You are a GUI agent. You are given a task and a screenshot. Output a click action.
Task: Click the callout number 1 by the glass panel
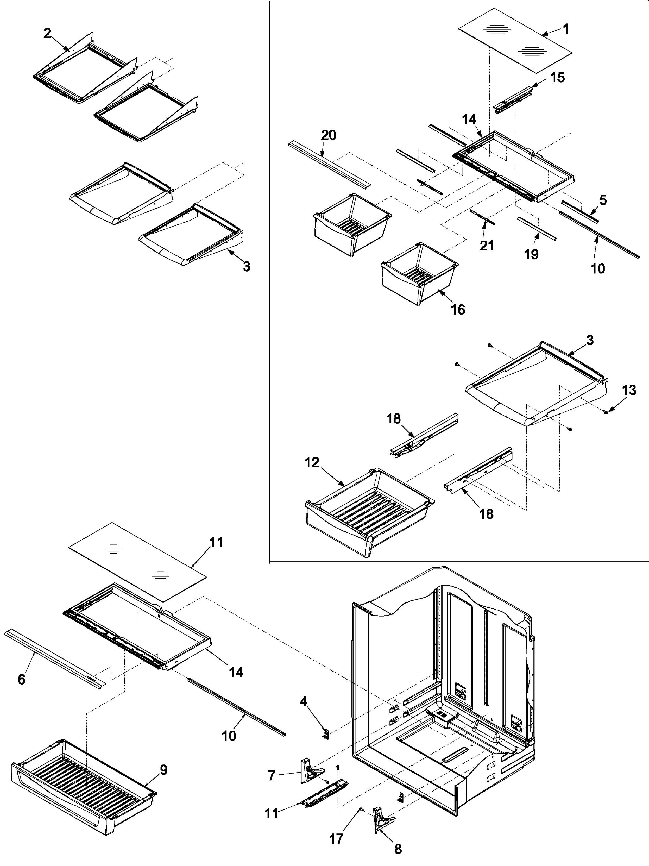click(x=566, y=29)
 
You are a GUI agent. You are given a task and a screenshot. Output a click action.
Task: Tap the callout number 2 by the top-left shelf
click(x=47, y=34)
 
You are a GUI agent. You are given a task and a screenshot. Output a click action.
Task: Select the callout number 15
click(x=557, y=78)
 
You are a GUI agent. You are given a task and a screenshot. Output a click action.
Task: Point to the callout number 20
click(x=328, y=135)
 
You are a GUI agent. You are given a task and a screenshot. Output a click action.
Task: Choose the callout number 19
click(x=531, y=254)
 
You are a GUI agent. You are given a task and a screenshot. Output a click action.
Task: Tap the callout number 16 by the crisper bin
click(x=458, y=310)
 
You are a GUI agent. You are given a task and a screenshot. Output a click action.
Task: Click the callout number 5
click(x=603, y=200)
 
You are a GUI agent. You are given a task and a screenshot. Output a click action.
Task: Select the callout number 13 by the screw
click(x=629, y=390)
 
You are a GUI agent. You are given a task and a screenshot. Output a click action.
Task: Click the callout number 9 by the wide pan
click(x=164, y=770)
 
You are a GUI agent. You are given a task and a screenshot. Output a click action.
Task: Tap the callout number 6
click(x=22, y=679)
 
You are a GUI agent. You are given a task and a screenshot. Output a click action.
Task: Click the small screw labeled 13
click(x=606, y=411)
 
